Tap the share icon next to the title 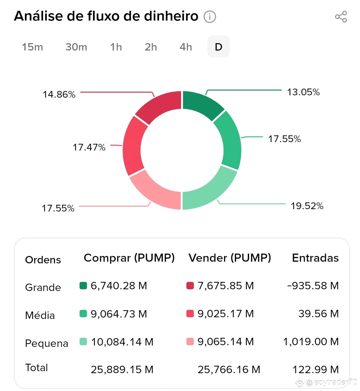click(341, 17)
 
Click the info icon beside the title click(210, 17)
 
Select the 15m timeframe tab click(32, 47)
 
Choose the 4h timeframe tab click(186, 47)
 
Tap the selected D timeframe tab click(218, 46)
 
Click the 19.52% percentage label click(307, 206)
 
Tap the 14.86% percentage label click(59, 95)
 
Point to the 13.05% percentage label click(303, 92)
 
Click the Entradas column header click(315, 258)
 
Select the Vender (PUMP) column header click(230, 258)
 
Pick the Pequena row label click(47, 344)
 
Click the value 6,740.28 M click(119, 286)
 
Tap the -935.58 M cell click(313, 286)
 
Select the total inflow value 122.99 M click(316, 369)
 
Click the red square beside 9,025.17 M click(190, 314)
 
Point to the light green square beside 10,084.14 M click(83, 341)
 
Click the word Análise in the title click(48, 16)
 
